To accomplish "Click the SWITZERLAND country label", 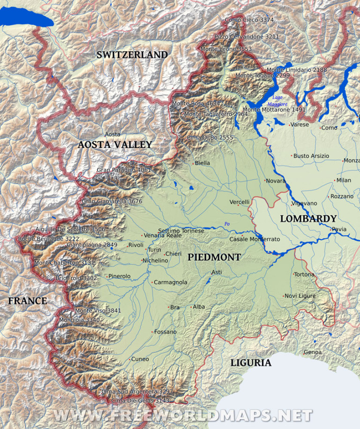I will pyautogui.click(x=132, y=55).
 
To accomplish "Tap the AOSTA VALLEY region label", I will pyautogui.click(x=115, y=145).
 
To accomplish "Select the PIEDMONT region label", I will pyautogui.click(x=214, y=257).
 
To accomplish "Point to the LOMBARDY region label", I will pyautogui.click(x=308, y=219).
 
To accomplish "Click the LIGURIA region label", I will pyautogui.click(x=250, y=362).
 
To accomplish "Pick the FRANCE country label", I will pyautogui.click(x=27, y=301).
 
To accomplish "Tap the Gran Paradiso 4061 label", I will pyautogui.click(x=124, y=170).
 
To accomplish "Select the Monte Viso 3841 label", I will pyautogui.click(x=98, y=311).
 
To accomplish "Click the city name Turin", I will pyautogui.click(x=154, y=250).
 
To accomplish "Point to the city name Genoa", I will pyautogui.click(x=313, y=352).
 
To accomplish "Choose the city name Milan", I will pyautogui.click(x=343, y=180).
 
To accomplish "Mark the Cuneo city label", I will pyautogui.click(x=140, y=359).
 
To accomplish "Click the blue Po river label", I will pyautogui.click(x=227, y=224).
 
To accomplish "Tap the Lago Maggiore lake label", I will pyautogui.click(x=277, y=101).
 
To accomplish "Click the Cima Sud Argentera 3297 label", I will pyautogui.click(x=137, y=392).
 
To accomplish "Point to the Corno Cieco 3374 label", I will pyautogui.click(x=249, y=20).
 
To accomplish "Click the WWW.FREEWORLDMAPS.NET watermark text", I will pyautogui.click(x=182, y=415).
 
